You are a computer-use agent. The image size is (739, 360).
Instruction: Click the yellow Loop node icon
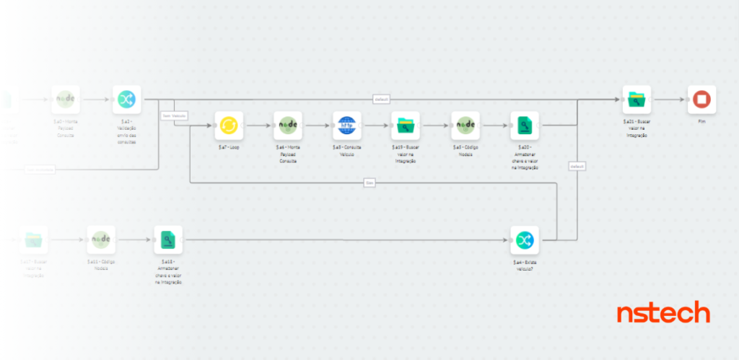tap(229, 125)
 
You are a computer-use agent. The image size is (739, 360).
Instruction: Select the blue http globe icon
tap(347, 125)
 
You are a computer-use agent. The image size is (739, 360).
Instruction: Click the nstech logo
tap(663, 313)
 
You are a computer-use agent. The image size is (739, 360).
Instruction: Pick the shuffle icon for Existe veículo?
tap(525, 240)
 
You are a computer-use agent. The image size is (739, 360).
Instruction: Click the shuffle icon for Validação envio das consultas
tap(127, 100)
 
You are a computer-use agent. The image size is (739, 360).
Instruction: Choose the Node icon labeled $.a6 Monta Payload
tap(288, 125)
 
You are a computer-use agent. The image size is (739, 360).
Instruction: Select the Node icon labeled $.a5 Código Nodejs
tap(465, 125)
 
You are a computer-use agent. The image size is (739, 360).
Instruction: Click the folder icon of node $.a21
tap(637, 100)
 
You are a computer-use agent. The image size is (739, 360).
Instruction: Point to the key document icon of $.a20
tap(525, 125)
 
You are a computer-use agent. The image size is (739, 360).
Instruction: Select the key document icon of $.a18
tap(168, 240)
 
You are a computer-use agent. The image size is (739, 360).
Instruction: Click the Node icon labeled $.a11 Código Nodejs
tap(102, 240)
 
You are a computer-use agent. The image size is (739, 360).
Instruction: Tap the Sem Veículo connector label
tap(174, 115)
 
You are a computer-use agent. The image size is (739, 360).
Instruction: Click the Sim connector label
tap(369, 183)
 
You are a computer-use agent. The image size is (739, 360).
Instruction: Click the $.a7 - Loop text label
tap(229, 146)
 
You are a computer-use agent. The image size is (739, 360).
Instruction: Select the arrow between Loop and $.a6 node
tap(258, 125)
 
